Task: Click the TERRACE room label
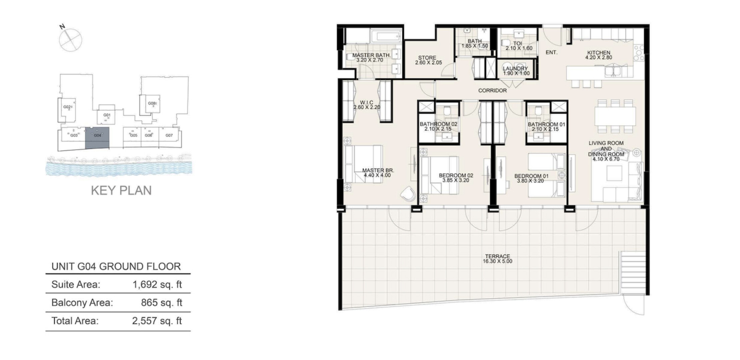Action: [497, 256]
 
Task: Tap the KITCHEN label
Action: [599, 53]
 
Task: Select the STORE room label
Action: [427, 58]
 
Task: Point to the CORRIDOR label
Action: [492, 90]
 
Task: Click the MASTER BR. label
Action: [378, 170]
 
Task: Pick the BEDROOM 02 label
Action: [456, 175]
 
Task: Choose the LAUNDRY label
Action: [515, 69]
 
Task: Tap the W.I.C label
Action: [367, 102]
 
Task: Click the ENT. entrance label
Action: [551, 52]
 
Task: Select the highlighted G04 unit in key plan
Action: [97, 138]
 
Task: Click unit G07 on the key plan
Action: [169, 135]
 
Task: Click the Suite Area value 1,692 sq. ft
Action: [157, 284]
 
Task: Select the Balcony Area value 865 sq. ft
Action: [161, 303]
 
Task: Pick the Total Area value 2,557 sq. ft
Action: [157, 321]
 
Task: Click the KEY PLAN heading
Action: [121, 190]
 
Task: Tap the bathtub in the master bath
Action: [385, 36]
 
